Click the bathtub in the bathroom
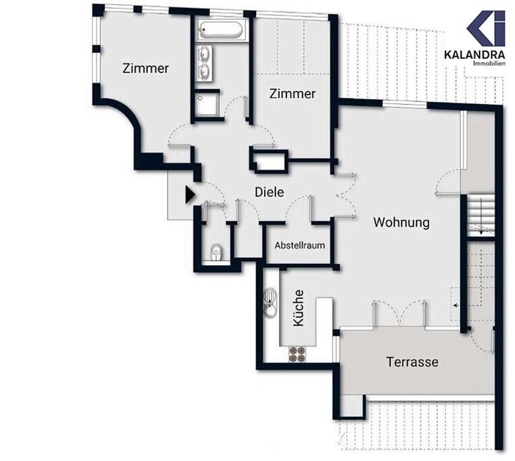point(221,30)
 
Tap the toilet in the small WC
point(216,253)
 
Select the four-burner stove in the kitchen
point(297,354)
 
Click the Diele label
point(270,192)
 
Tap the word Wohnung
point(402,222)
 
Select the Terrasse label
point(412,362)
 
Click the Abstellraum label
point(300,245)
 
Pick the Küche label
point(298,308)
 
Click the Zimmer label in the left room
point(146,68)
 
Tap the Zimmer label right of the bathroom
point(292,94)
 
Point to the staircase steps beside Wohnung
point(481,215)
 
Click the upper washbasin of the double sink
point(205,54)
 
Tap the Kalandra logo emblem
point(486,28)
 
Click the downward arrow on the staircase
point(481,216)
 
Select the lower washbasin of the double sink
point(205,70)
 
